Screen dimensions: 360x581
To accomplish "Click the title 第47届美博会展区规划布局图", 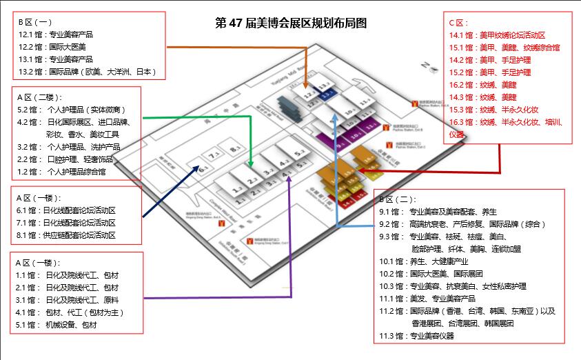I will pos(291,23).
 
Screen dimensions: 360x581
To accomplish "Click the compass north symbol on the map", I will pos(432,66).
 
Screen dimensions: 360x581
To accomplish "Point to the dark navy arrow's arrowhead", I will pos(203,165).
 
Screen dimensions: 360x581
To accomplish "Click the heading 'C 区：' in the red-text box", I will pos(459,23).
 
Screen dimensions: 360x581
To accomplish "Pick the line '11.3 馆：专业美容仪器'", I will pos(417,337).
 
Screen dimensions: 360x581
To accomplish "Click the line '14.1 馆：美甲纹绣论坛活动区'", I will pos(497,35).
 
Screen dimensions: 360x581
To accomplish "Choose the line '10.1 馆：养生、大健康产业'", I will pos(424,261).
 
